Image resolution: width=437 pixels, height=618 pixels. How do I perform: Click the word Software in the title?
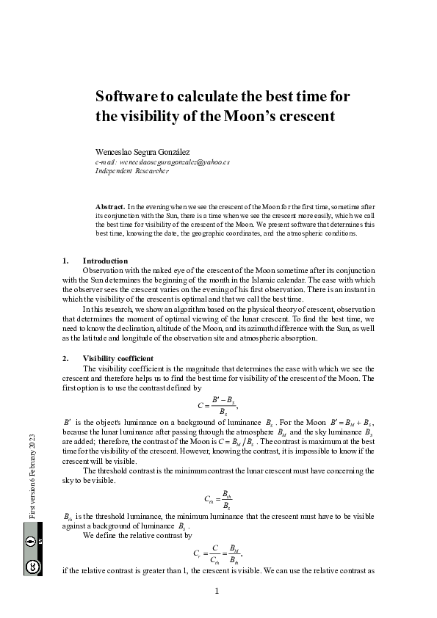point(129,97)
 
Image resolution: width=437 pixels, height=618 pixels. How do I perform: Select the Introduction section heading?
point(105,261)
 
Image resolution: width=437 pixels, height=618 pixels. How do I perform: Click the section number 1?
point(65,261)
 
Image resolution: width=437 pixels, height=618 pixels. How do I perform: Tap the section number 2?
point(65,358)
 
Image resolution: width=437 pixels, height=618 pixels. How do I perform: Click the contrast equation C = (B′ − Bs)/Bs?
point(219,404)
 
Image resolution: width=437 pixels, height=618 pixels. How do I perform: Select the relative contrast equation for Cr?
point(217,552)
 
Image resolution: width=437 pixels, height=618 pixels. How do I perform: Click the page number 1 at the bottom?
point(218,591)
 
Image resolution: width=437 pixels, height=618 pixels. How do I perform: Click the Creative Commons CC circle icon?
point(32,565)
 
